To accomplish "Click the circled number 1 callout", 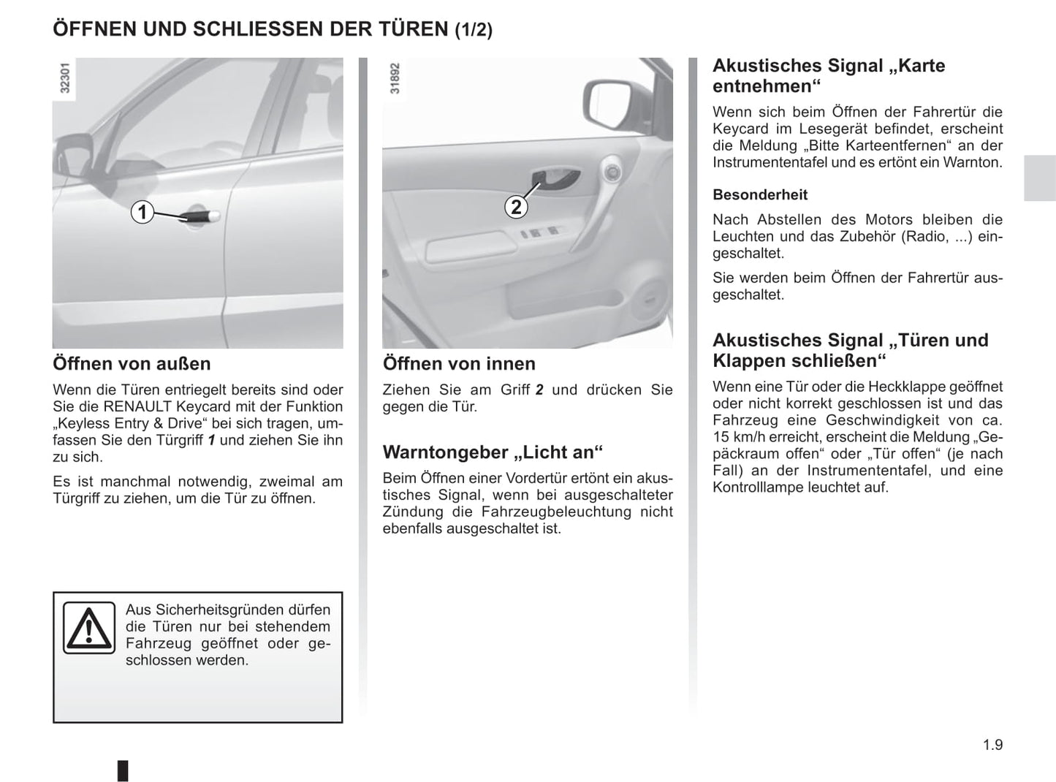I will [x=143, y=213].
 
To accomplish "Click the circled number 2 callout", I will [x=516, y=207].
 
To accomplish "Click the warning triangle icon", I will [x=88, y=628].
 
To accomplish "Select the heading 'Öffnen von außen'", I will [x=132, y=363].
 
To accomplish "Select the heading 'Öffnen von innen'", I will [x=459, y=363].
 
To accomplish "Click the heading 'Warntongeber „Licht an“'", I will [x=493, y=452].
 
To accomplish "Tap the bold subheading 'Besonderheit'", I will [x=760, y=194].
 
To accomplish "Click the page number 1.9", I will [x=992, y=745].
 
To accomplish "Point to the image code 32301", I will [x=65, y=78].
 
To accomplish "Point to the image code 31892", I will [x=395, y=78].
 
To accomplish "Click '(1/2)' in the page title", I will [x=474, y=30].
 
